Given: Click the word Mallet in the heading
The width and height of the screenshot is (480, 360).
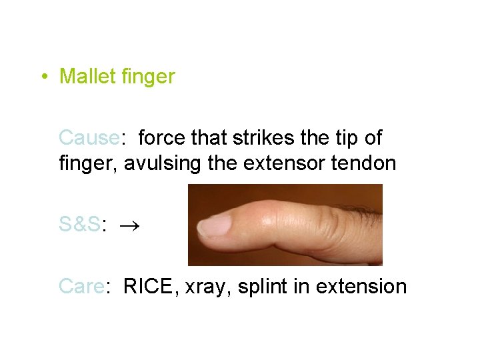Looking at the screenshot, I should tap(88, 77).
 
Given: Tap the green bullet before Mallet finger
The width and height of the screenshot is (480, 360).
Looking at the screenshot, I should tap(43, 77).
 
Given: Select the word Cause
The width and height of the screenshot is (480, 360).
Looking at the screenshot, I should tap(88, 138).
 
